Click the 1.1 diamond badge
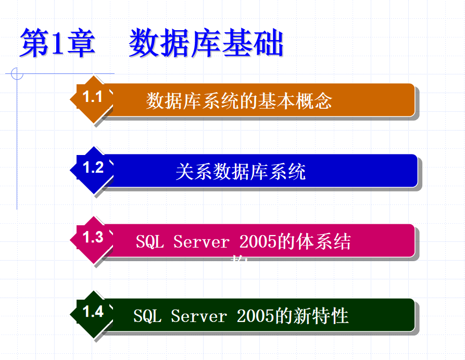(x=93, y=98)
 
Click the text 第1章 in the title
(x=57, y=44)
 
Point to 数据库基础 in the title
(x=206, y=44)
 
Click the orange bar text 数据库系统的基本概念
(x=238, y=100)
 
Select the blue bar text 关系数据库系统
(x=240, y=172)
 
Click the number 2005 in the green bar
(x=255, y=316)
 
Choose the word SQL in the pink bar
(x=149, y=242)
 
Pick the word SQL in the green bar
(x=147, y=316)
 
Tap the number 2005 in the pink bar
(x=258, y=242)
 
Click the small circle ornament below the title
(x=17, y=74)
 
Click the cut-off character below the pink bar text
(x=238, y=260)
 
